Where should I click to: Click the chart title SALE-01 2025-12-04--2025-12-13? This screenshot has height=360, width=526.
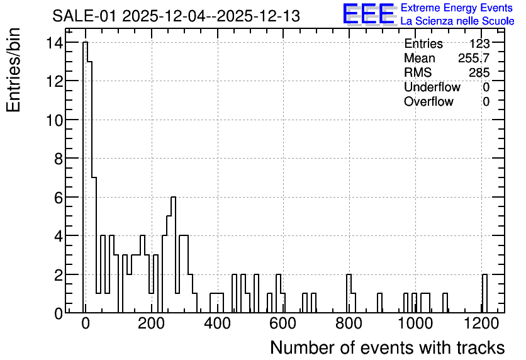click(x=176, y=16)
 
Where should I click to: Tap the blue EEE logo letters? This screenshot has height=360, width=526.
click(x=369, y=14)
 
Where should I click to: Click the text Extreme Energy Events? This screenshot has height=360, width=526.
click(x=457, y=8)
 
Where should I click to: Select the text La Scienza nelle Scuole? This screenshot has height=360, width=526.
click(x=457, y=21)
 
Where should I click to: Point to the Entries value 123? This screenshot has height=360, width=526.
click(x=479, y=43)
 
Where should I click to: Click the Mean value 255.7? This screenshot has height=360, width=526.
click(x=474, y=58)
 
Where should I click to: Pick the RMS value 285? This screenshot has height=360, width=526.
click(x=479, y=72)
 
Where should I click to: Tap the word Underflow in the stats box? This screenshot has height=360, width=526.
click(x=432, y=87)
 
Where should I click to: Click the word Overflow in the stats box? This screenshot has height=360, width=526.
click(x=428, y=101)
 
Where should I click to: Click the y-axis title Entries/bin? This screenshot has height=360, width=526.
click(x=13, y=70)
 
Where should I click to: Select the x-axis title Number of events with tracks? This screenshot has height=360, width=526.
click(x=388, y=347)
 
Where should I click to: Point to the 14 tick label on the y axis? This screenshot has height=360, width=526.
click(x=55, y=43)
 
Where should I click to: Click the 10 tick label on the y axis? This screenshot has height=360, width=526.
click(x=55, y=120)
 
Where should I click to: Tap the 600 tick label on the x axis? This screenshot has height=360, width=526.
click(x=283, y=323)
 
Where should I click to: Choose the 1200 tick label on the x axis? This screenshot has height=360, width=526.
click(x=481, y=323)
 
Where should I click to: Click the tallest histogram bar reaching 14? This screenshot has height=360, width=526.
click(x=85, y=177)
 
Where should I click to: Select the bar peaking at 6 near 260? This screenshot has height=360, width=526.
click(x=174, y=255)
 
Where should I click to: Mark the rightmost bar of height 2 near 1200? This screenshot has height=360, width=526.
click(x=484, y=293)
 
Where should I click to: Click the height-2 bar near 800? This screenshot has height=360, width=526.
click(x=349, y=293)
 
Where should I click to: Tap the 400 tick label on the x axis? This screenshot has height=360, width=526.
click(x=218, y=323)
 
